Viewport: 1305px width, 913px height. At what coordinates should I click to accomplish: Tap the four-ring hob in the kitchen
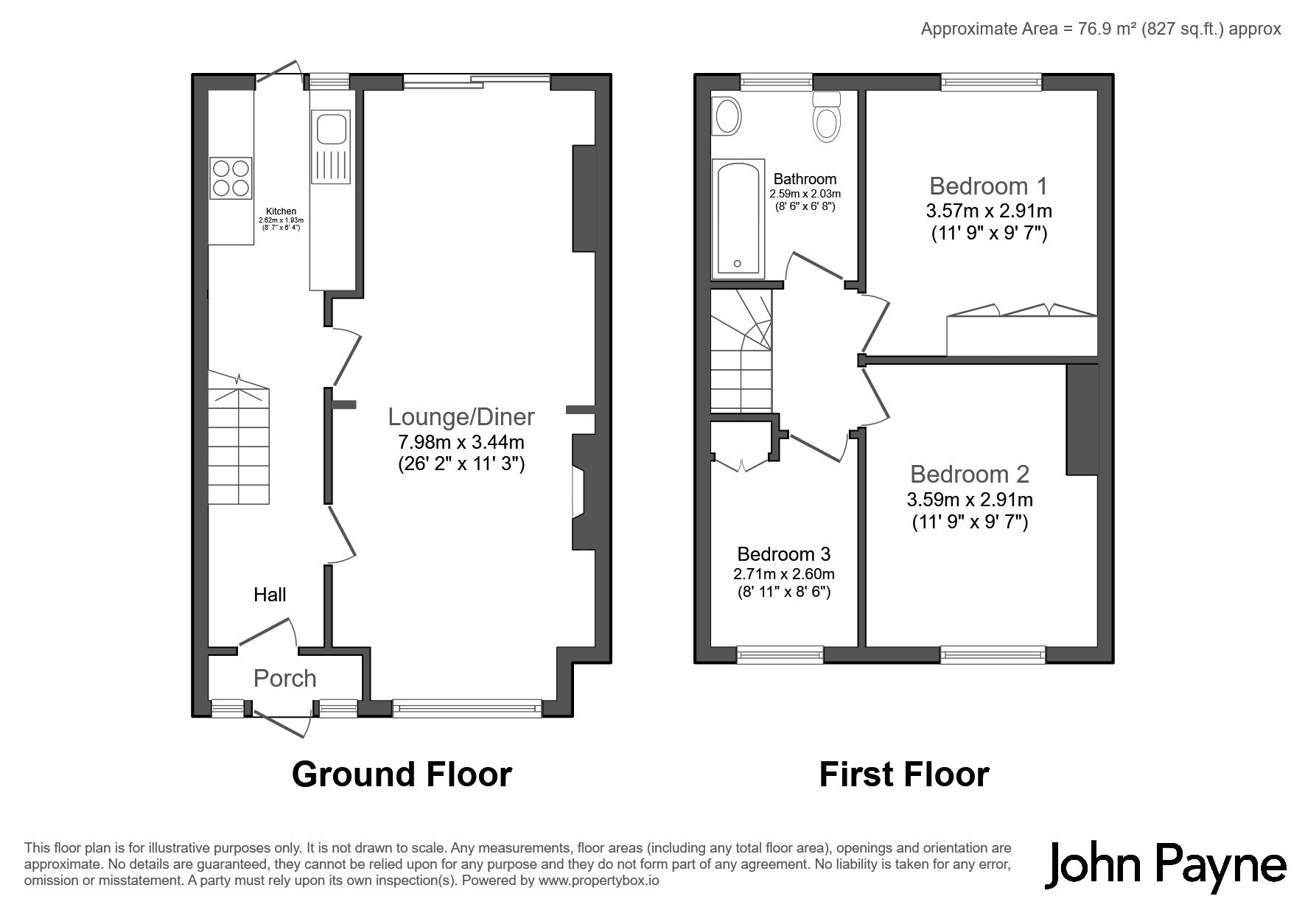tap(231, 178)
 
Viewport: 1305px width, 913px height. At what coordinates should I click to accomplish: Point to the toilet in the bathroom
tap(827, 116)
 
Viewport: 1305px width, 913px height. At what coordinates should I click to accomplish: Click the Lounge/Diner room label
tap(461, 417)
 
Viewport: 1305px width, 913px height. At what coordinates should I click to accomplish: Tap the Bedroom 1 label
tap(988, 186)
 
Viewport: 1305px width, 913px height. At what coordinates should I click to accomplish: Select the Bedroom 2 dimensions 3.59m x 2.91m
tap(970, 500)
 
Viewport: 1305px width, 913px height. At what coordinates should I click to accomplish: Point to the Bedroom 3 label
tap(784, 554)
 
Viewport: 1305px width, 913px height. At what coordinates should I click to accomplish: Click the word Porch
tap(285, 678)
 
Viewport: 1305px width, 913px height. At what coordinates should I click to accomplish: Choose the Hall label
tap(270, 595)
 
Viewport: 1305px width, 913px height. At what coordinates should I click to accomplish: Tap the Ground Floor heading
tap(402, 774)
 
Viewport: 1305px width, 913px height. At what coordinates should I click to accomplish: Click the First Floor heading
tap(904, 774)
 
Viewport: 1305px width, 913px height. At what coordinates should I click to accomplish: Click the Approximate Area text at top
tap(1101, 29)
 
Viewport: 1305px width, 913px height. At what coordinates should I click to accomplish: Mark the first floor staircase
tap(741, 350)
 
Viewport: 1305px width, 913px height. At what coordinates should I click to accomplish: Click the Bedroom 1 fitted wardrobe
tap(1021, 332)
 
